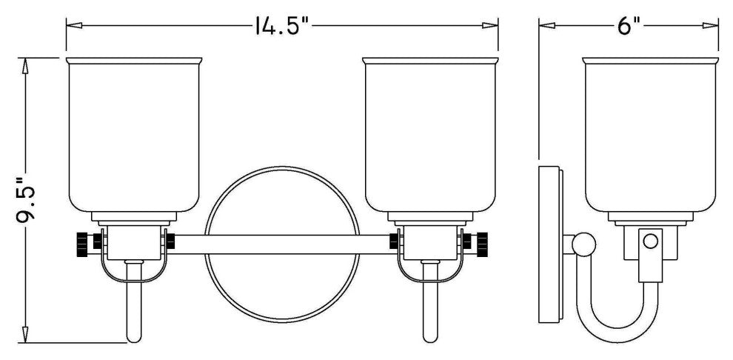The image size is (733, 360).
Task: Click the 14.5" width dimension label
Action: pos(283,26)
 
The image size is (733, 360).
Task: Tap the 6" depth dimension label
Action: pos(629,26)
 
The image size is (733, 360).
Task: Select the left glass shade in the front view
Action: pos(134,135)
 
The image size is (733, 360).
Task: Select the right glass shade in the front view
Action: pos(430,135)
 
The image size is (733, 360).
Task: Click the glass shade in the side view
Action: pos(650,135)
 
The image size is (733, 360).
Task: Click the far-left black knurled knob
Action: pos(81,244)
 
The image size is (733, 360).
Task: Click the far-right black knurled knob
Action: pos(482,244)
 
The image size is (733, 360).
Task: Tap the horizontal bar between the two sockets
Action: pos(282,244)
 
